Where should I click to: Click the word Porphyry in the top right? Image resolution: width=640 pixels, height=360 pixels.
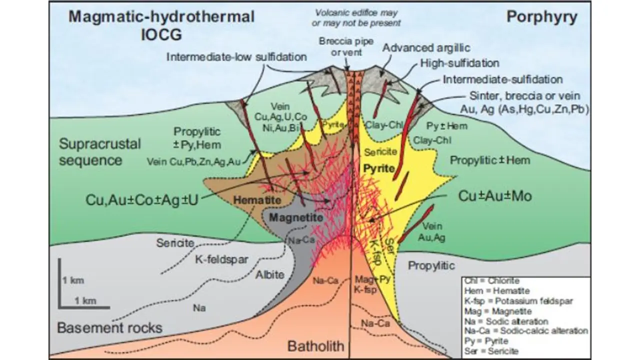[x=542, y=17]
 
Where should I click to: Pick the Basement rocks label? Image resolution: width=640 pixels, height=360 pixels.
[x=109, y=328]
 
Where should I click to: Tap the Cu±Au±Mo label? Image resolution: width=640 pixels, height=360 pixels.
[x=494, y=196]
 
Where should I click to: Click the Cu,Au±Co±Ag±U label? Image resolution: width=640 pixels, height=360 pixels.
[x=142, y=200]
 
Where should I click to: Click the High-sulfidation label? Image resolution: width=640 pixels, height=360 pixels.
[x=460, y=63]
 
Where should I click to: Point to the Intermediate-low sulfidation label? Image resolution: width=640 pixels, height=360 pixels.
[x=236, y=57]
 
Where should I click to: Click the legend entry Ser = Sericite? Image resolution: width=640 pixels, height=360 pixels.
[x=492, y=351]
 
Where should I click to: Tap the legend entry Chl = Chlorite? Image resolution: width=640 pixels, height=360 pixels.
[x=491, y=281]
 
